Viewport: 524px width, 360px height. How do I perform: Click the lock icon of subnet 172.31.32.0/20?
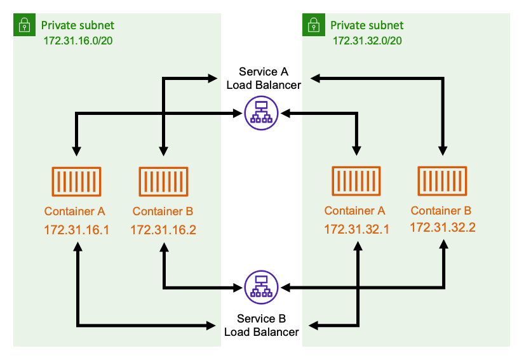(313, 25)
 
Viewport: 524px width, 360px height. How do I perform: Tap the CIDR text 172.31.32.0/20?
(368, 40)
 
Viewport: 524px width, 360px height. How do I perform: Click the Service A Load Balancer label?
(264, 77)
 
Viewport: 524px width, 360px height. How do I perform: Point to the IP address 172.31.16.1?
(76, 229)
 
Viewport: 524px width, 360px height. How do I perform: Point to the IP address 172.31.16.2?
(163, 229)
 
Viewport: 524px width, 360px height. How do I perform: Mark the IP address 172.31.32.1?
(356, 229)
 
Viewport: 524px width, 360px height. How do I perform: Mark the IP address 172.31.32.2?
(443, 227)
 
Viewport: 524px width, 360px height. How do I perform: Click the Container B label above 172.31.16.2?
(163, 211)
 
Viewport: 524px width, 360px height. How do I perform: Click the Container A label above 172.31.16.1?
(75, 211)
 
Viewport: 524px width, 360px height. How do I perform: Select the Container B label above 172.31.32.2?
(441, 210)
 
